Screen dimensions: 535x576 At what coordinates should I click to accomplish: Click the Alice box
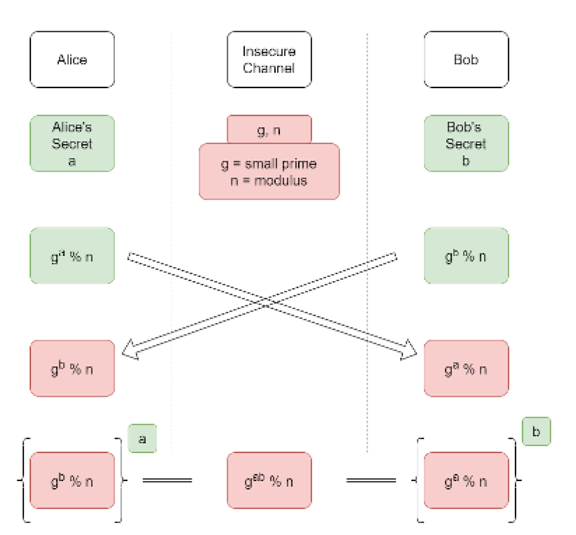(72, 59)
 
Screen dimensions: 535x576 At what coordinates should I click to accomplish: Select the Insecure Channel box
(269, 59)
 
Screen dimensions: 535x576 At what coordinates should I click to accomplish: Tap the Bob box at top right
(466, 59)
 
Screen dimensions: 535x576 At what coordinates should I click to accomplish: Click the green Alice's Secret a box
(72, 143)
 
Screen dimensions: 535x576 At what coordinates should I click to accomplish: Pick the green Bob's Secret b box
(466, 143)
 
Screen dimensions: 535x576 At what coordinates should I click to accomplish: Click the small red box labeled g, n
(269, 130)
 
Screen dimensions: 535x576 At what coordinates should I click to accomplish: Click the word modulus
(280, 181)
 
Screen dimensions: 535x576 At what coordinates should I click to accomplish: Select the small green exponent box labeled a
(142, 439)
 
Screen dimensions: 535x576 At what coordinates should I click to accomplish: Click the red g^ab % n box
(269, 481)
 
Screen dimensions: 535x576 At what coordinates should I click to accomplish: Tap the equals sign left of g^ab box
(167, 481)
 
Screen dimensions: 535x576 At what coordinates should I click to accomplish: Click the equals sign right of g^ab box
(371, 481)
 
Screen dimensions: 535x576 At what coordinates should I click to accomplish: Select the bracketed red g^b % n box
(72, 481)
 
